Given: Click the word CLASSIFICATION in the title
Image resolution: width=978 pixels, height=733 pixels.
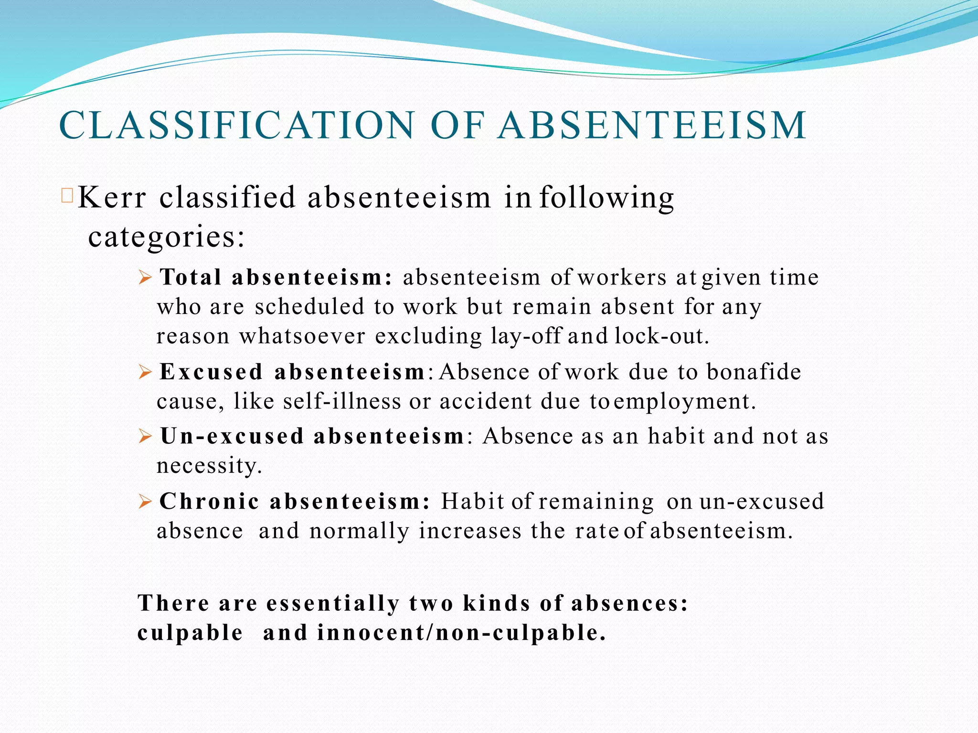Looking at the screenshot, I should point(236,125).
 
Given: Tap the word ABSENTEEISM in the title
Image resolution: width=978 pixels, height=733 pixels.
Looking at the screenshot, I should point(652,125).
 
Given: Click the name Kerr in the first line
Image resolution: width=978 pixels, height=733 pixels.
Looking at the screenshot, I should point(111,197).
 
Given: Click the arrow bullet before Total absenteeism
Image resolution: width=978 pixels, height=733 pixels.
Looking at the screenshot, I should point(145,277).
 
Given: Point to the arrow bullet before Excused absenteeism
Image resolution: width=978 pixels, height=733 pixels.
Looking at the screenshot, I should point(145,372).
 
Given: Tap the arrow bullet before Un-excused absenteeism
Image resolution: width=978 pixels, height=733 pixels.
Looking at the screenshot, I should point(145,436).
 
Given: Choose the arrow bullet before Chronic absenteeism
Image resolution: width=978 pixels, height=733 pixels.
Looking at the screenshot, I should point(145,502).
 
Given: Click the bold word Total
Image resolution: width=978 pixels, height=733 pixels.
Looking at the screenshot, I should point(191,277).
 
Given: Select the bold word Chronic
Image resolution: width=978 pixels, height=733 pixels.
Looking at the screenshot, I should point(209,502).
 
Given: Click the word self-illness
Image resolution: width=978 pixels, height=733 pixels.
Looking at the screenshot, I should point(342,401).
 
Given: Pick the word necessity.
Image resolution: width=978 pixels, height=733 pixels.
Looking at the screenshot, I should point(209,466).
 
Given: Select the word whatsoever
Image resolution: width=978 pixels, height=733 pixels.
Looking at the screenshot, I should point(302,336).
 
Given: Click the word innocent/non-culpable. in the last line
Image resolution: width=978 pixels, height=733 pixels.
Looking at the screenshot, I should point(461,633).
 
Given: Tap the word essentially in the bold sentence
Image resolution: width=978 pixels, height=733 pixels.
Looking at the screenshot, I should point(333,603).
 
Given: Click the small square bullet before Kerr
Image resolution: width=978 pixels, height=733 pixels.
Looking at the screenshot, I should point(67,196).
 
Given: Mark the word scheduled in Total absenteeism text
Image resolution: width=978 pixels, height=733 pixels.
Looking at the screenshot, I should point(310,306).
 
